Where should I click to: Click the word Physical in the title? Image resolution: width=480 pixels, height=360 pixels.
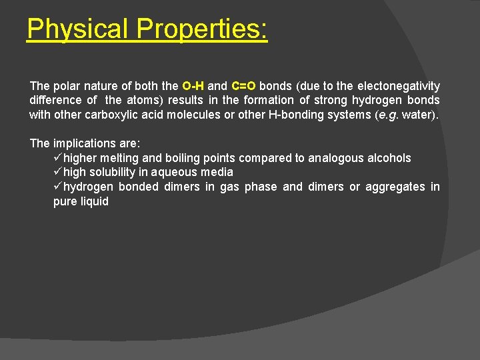point(79,29)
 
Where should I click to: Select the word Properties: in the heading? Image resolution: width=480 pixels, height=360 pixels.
point(202,29)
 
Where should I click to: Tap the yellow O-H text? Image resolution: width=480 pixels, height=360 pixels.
point(193,86)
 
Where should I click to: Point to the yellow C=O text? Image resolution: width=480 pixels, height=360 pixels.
point(243,86)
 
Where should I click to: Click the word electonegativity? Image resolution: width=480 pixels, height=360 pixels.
point(399,86)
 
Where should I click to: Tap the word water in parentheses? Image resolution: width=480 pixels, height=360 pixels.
point(419,115)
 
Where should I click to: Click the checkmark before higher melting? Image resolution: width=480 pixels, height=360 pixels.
point(58,158)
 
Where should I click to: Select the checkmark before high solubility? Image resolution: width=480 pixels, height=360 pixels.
point(58,172)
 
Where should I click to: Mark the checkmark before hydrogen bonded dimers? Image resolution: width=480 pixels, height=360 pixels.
point(58,187)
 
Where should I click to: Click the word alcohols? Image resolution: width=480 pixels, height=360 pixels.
point(388,158)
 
